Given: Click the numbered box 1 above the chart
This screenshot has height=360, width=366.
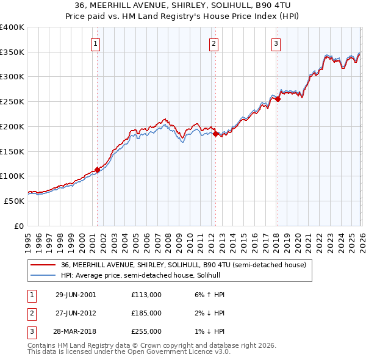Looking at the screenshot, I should point(96,43).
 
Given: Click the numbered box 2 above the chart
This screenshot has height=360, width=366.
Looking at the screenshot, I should point(214,43).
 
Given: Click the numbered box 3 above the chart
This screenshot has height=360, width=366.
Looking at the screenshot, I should point(276,43).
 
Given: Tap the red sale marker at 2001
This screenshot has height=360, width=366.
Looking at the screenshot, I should point(97,170).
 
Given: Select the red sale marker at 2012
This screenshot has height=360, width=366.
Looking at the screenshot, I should point(215,134).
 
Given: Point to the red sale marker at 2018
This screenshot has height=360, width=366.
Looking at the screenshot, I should point(277,99).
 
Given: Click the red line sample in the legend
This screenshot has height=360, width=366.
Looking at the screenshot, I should point(43,265).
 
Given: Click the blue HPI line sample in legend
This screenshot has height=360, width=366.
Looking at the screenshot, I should point(43,275).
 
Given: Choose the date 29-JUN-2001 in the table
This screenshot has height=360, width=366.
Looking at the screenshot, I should point(76,295).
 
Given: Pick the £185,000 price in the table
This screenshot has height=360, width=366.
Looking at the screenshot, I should point(146,313).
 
